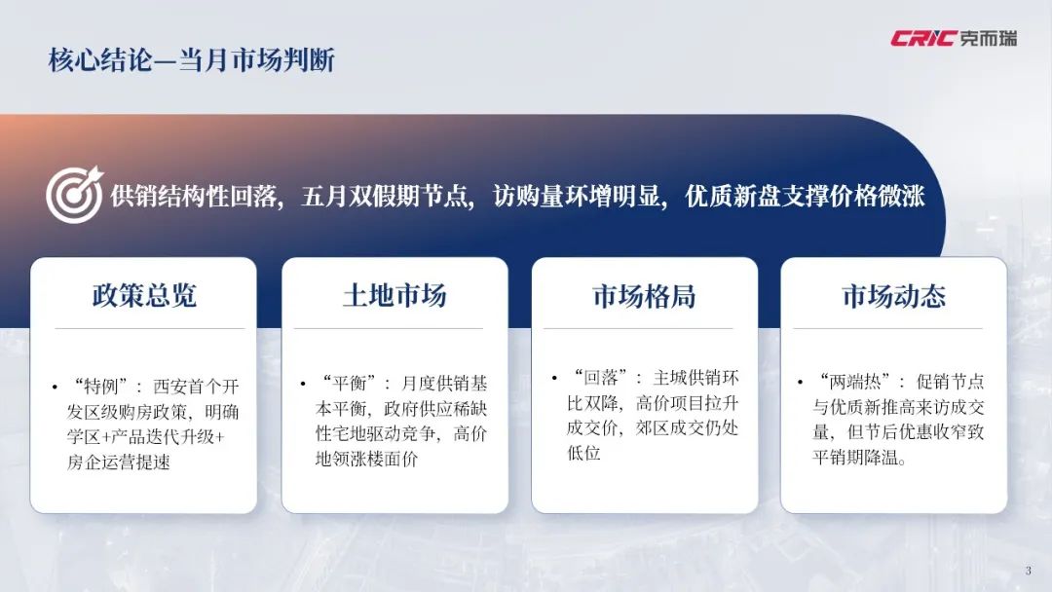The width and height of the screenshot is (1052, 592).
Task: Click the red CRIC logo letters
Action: [922, 38]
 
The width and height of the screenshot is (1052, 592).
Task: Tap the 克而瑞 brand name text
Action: [988, 38]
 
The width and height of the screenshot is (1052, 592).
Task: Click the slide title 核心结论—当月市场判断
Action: [191, 60]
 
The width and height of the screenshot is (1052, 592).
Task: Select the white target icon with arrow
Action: [74, 195]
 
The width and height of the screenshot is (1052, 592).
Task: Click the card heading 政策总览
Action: [144, 295]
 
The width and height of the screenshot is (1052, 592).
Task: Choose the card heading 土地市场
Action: [394, 295]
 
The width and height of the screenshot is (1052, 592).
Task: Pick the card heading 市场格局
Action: [644, 296]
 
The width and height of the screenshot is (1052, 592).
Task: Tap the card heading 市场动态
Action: [893, 296]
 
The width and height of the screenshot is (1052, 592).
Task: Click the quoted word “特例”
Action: [98, 387]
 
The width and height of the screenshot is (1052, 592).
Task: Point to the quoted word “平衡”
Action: [348, 385]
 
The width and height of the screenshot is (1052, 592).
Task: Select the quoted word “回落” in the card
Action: [598, 378]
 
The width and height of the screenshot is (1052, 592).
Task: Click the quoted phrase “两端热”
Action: [854, 382]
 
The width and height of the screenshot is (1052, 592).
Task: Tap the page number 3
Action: [1028, 571]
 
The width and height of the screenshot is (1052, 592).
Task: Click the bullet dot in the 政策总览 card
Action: [55, 388]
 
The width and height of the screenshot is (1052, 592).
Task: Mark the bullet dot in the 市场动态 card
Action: [800, 383]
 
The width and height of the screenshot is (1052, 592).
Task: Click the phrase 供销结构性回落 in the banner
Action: [194, 197]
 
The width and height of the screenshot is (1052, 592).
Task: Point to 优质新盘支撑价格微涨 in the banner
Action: [806, 197]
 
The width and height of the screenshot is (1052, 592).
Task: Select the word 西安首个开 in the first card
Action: [196, 387]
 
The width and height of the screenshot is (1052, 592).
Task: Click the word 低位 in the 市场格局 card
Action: [583, 453]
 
